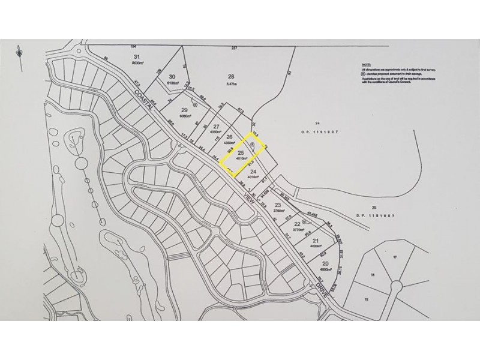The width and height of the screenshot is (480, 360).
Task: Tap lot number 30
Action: point(172,76)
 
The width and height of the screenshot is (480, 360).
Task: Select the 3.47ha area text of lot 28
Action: point(230,84)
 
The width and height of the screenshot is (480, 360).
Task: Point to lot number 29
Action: point(184,110)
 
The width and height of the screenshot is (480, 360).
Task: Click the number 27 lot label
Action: point(216,126)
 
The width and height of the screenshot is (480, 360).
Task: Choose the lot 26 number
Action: point(229,137)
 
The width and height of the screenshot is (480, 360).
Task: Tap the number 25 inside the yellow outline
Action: point(241,154)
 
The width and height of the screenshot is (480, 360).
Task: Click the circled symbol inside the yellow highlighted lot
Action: point(253,146)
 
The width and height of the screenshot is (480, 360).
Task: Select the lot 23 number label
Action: point(277,205)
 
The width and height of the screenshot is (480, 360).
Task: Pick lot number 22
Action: point(297,223)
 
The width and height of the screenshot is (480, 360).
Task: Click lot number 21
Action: point(315,241)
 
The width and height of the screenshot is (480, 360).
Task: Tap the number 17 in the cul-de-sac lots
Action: point(395,257)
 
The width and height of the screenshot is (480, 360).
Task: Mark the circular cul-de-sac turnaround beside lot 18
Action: point(396,284)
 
